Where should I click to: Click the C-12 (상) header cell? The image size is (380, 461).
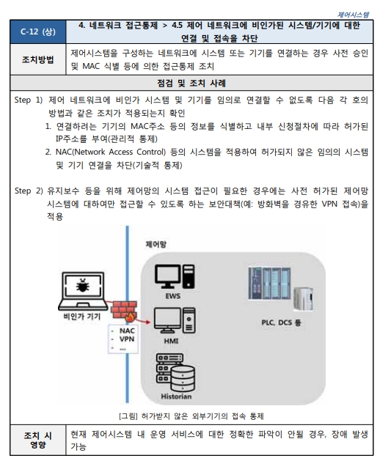(x=38, y=32)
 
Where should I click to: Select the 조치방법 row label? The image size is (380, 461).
(x=38, y=59)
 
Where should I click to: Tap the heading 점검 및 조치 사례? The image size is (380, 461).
(x=191, y=84)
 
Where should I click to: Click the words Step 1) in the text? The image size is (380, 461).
(x=29, y=100)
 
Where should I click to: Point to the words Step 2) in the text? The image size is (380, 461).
(x=29, y=191)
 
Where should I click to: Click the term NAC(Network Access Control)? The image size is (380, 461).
(x=111, y=152)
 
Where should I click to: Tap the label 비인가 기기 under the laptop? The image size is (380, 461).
(x=82, y=317)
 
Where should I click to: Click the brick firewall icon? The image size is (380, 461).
(x=124, y=310)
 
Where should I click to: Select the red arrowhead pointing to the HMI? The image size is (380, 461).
(x=147, y=322)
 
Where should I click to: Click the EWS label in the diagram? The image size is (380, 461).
(x=173, y=296)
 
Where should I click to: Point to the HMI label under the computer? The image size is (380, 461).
(x=172, y=341)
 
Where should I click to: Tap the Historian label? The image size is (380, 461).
(x=176, y=397)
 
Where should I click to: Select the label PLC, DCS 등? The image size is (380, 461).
(x=281, y=322)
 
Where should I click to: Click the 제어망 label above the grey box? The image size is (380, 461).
(x=156, y=244)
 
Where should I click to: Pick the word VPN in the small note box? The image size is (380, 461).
(x=127, y=339)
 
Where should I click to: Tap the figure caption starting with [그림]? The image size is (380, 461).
(x=191, y=416)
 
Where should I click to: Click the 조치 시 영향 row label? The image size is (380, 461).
(x=38, y=440)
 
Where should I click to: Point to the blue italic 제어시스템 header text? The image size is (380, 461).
(x=353, y=15)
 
